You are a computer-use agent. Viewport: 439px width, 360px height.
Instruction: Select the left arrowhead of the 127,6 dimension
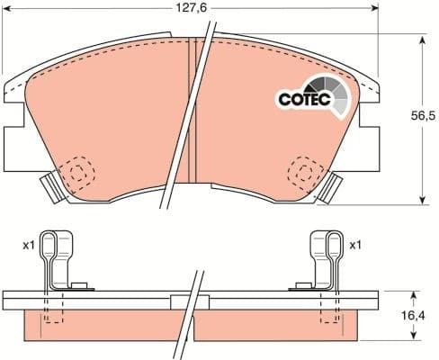(6, 8)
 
